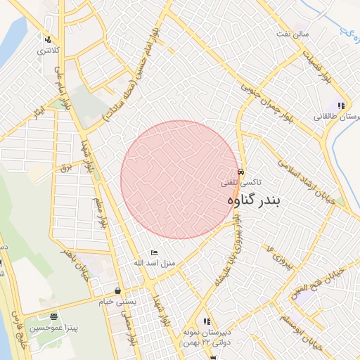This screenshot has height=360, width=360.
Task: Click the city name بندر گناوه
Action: [254, 201]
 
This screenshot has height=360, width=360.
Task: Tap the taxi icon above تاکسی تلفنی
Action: [241, 172]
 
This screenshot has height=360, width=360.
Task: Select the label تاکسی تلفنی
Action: [241, 182]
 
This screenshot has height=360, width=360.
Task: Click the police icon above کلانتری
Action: [47, 39]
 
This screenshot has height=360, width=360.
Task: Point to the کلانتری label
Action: [49, 51]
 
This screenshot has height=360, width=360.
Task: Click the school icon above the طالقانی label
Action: [341, 105]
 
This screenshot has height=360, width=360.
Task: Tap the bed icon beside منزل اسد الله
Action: [155, 252]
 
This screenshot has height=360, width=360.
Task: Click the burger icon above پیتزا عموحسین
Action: [54, 316]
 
